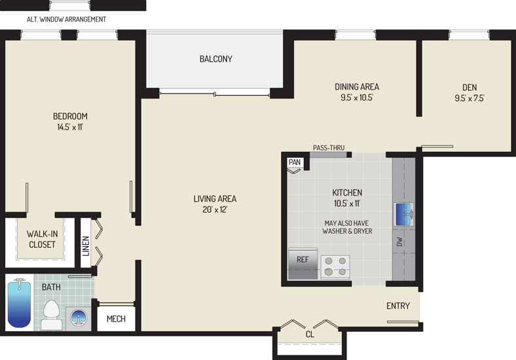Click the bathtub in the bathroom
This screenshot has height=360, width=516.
pos(19,303)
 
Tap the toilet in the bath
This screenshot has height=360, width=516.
pos(51,315)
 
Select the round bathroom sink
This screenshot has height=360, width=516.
pos(79,319)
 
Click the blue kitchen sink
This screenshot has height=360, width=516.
pos(403,215)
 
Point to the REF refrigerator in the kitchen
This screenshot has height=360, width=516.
pos(303,264)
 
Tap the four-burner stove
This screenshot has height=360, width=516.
pos(335,267)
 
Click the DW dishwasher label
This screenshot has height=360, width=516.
pos(399,242)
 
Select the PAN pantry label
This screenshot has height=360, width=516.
pos(295,162)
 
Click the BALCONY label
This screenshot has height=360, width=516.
pos(216,59)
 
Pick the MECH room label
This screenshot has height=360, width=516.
pos(116,319)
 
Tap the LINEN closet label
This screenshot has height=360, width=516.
pos(86,246)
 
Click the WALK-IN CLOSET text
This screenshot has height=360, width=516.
pos(42,239)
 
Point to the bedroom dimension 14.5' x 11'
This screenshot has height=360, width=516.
pos(70,127)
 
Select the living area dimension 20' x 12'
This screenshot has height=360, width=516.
pos(215,209)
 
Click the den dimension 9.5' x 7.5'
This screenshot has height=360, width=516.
pos(470,98)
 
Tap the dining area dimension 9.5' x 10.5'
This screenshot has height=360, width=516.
pos(357,98)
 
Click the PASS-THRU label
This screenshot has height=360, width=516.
pos(329,148)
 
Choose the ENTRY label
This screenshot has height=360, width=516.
pos(398,306)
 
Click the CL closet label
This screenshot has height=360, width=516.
pos(310,334)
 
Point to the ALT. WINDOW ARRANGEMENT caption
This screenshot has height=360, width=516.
pos(67,20)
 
